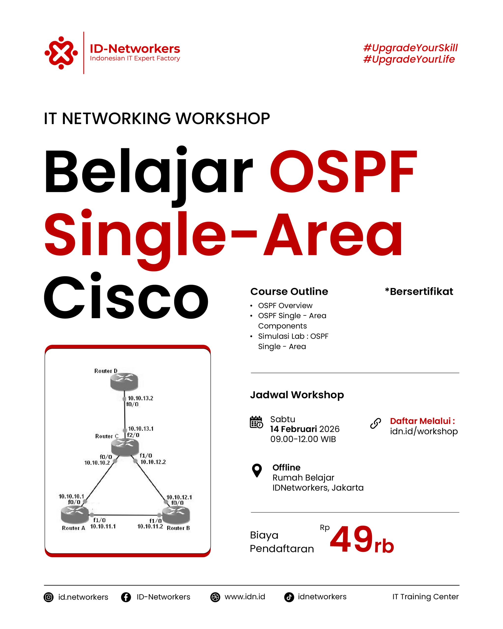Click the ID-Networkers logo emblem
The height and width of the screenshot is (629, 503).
pyautogui.click(x=61, y=53)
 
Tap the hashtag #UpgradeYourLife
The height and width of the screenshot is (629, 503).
pyautogui.click(x=409, y=59)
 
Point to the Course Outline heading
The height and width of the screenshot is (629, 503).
pyautogui.click(x=289, y=291)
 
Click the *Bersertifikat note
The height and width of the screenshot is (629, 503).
pyautogui.click(x=419, y=291)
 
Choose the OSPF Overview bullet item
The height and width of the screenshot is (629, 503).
pyautogui.click(x=285, y=305)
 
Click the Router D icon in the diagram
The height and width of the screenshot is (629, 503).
pyautogui.click(x=124, y=382)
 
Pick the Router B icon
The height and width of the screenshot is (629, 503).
pyautogui.click(x=176, y=515)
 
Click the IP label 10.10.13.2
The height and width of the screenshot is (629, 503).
pyautogui.click(x=140, y=398)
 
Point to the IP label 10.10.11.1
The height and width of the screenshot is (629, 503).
pyautogui.click(x=103, y=526)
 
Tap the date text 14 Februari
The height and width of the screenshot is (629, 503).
pyautogui.click(x=293, y=429)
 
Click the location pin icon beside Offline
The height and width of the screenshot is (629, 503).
pyautogui.click(x=257, y=471)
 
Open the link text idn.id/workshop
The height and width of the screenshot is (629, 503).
pyautogui.click(x=424, y=431)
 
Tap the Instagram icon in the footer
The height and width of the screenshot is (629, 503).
pyautogui.click(x=49, y=597)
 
